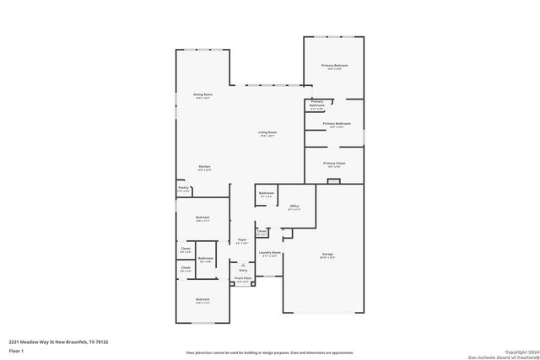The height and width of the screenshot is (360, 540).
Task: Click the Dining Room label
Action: pos(202,94)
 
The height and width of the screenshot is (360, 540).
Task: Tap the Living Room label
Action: pos(267,132)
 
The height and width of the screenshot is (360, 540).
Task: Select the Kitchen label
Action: pos(204,166)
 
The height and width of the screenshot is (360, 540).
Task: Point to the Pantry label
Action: pos(183,188)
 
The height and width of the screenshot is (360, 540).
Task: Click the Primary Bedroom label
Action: pos(334,65)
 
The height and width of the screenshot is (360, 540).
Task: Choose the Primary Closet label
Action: pos(335,163)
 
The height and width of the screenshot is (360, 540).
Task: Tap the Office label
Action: pos(294,206)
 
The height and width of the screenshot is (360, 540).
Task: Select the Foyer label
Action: pos(241,240)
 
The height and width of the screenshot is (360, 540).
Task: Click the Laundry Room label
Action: pos(270,253)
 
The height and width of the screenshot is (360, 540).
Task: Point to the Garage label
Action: pos(327,254)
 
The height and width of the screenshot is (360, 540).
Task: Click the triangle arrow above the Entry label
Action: pos(242,264)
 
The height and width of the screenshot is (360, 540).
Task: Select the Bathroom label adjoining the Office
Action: pos(267,194)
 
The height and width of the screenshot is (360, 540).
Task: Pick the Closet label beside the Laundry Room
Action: pos(262,230)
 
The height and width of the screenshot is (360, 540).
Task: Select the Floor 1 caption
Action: pos(15,350)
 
